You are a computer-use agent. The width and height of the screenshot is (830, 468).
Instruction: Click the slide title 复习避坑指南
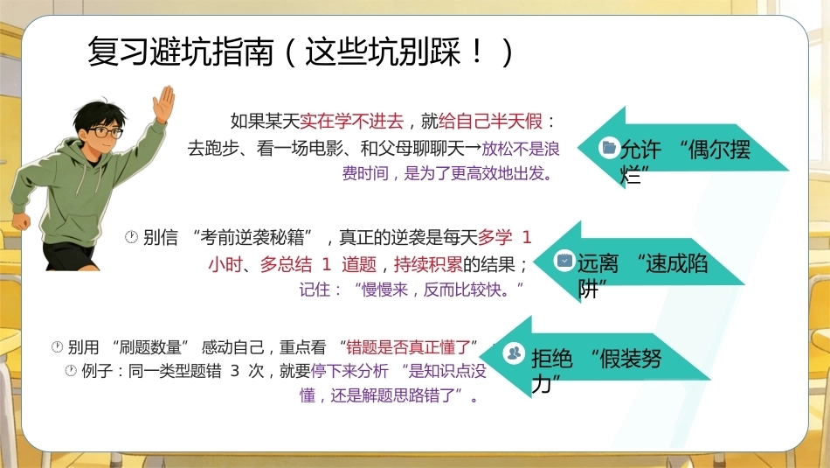click(x=181, y=52)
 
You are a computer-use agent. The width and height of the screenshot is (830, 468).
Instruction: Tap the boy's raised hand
click(x=164, y=104)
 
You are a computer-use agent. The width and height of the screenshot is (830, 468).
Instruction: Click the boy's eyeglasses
click(x=105, y=131)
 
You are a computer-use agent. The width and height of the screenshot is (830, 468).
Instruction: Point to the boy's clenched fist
click(x=22, y=220)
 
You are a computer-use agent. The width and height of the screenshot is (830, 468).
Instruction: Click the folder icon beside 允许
click(x=609, y=147)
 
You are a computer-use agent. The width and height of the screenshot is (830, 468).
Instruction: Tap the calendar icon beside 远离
click(x=564, y=261)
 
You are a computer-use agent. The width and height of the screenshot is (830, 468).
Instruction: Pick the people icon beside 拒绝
click(x=514, y=353)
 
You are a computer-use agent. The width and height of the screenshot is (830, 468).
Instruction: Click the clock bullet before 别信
click(x=131, y=237)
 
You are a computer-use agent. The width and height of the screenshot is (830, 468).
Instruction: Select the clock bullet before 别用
click(x=57, y=347)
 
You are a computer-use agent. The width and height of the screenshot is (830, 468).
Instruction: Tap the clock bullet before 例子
click(x=71, y=371)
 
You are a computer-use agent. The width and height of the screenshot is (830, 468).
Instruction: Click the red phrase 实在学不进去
click(x=351, y=122)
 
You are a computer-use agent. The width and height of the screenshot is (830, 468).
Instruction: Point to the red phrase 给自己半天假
click(x=490, y=122)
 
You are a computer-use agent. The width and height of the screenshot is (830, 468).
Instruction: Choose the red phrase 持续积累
click(x=428, y=264)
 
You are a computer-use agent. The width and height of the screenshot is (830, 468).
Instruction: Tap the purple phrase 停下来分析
click(x=349, y=371)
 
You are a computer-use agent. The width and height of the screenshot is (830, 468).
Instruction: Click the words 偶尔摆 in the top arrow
click(x=719, y=150)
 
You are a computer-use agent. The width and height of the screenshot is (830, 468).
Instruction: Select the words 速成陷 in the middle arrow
click(x=676, y=263)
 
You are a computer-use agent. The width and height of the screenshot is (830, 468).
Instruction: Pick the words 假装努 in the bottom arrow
click(x=631, y=359)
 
